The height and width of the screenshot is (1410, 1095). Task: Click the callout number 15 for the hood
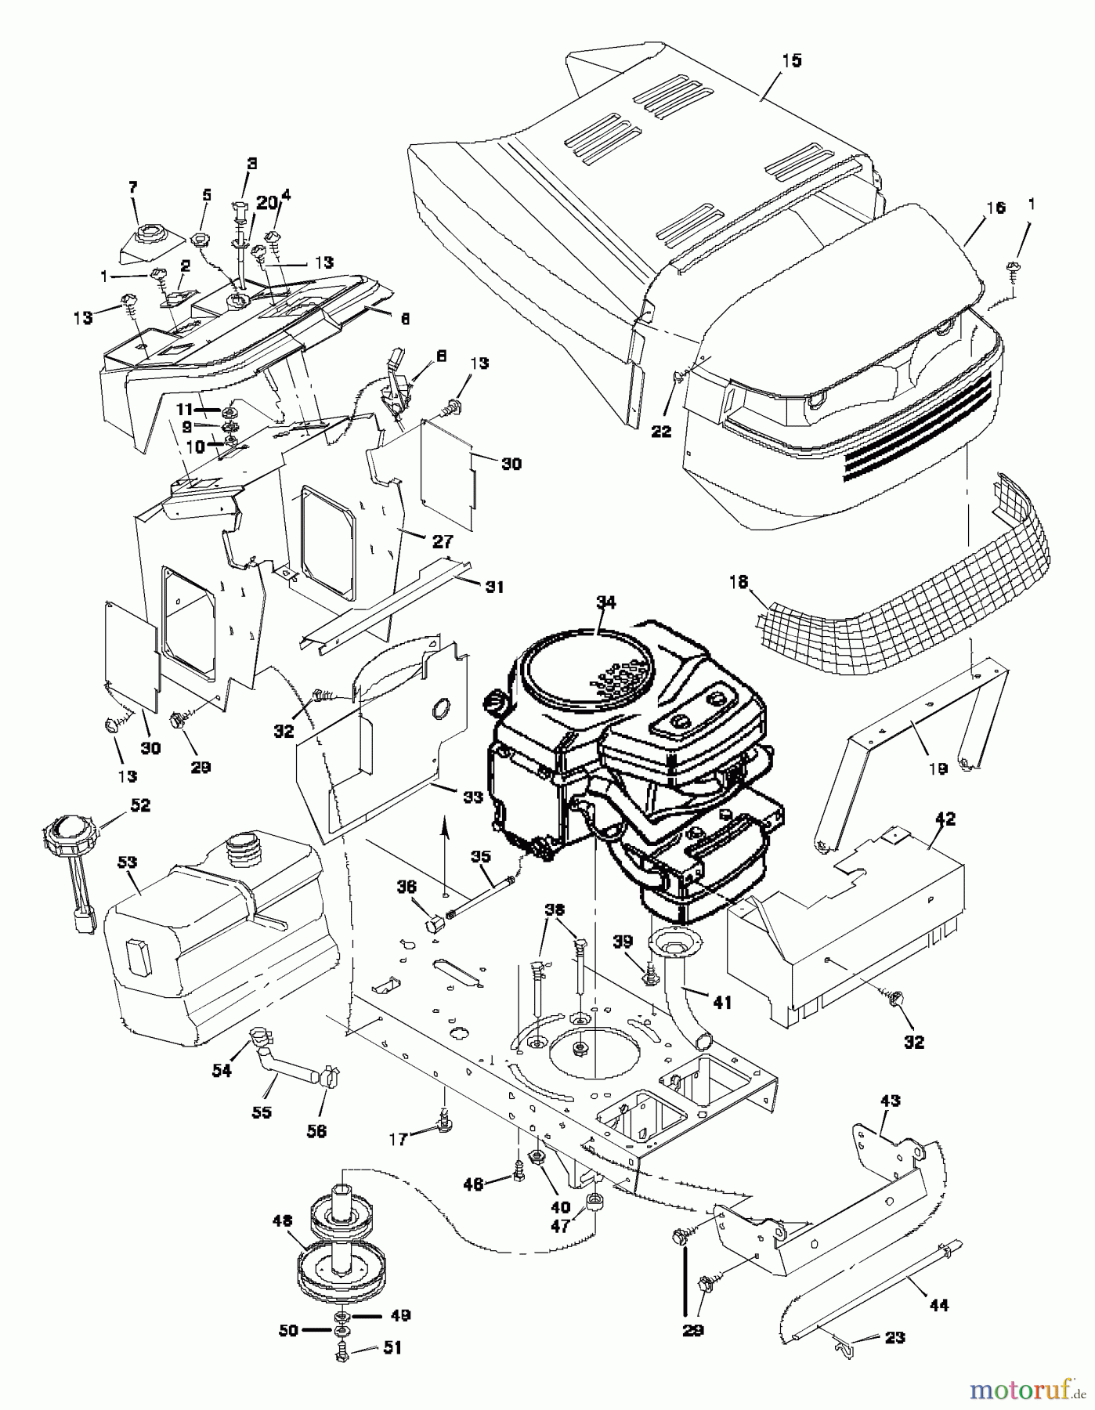[792, 61]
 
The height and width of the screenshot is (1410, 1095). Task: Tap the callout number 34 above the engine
[605, 602]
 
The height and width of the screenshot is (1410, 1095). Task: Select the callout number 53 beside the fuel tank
[128, 862]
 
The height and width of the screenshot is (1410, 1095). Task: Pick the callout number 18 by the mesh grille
[739, 582]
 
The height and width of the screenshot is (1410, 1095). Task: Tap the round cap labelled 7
[146, 234]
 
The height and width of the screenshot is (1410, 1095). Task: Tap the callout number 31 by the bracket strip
[495, 587]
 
